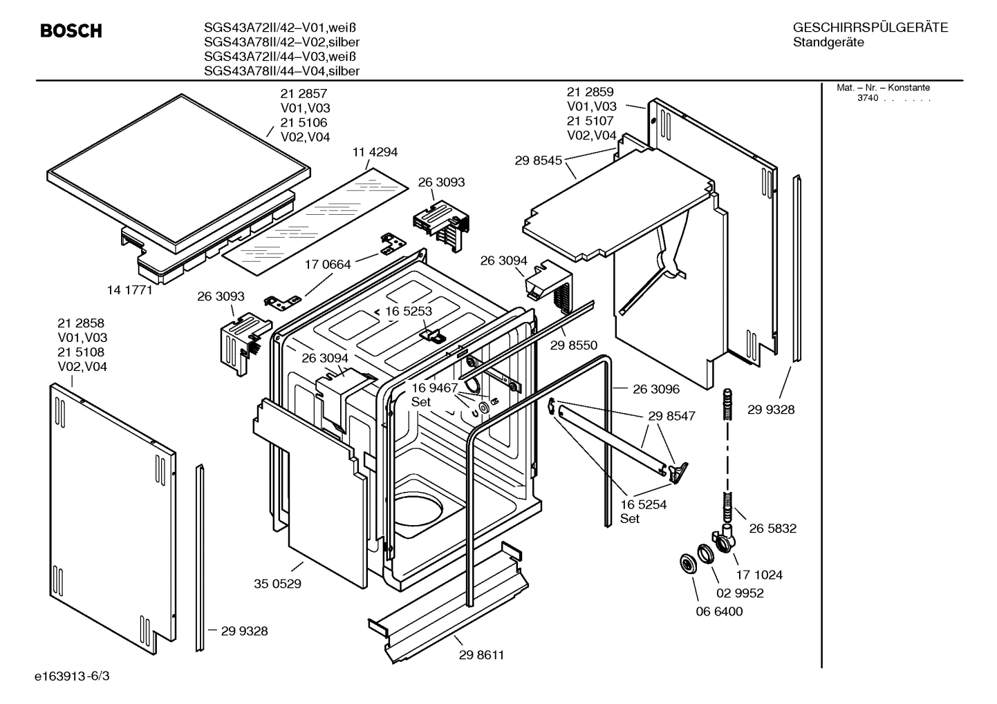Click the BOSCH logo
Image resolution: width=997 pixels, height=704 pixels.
[x=71, y=31]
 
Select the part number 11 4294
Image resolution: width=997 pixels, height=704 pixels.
[x=375, y=152]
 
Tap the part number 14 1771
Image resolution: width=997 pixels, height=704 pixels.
[x=129, y=290]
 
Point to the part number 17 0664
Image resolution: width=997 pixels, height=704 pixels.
[x=328, y=264]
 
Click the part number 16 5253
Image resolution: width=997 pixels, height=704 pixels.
[x=409, y=311]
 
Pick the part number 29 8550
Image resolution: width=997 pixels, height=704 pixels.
[x=574, y=345]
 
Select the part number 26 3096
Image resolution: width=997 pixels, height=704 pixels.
[x=656, y=389]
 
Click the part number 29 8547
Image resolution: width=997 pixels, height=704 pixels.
[x=672, y=416]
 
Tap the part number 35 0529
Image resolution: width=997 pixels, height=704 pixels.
[x=277, y=584]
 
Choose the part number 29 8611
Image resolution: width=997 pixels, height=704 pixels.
[x=481, y=655]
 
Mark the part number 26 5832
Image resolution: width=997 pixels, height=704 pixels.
[x=773, y=529]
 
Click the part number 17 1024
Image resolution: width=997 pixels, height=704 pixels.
[x=759, y=575]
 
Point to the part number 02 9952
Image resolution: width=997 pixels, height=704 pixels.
[x=740, y=593]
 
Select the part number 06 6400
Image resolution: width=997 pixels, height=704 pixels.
[x=719, y=611]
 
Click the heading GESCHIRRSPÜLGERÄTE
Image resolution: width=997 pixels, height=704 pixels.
[x=870, y=28]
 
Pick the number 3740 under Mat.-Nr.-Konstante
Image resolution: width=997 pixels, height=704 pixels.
[x=867, y=98]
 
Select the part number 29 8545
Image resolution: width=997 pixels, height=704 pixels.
[x=538, y=160]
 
